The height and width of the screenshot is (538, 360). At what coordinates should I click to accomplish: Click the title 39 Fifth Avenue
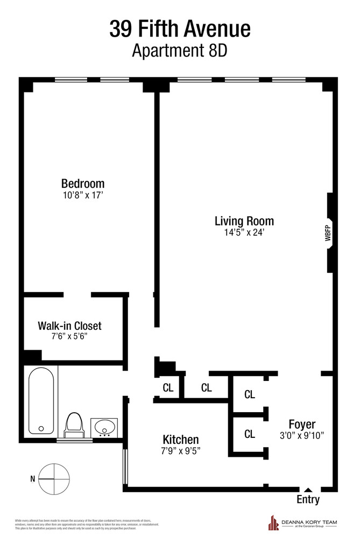(180, 28)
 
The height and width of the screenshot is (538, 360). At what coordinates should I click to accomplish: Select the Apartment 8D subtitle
(180, 51)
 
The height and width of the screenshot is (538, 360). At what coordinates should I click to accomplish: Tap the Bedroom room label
(82, 183)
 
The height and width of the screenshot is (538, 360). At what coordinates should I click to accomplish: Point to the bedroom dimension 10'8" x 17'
(82, 195)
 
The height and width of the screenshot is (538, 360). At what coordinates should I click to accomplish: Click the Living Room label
(244, 221)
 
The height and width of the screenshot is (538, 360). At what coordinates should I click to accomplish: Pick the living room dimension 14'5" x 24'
(244, 233)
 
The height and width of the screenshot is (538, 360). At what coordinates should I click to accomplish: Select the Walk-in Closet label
(69, 325)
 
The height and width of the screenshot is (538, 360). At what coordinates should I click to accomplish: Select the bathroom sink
(104, 428)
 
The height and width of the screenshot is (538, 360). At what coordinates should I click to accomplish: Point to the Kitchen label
(181, 440)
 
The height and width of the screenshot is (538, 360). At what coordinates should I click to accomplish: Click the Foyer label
(302, 424)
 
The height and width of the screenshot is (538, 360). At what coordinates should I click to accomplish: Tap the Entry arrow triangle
(307, 490)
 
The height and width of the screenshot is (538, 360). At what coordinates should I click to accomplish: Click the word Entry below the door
(308, 500)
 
